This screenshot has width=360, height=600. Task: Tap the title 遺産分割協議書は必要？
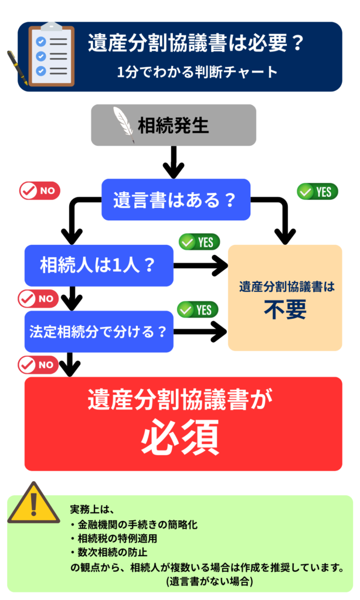[196, 44]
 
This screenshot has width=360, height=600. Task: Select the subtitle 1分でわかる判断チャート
[196, 72]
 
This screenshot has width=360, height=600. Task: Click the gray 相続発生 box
[174, 125]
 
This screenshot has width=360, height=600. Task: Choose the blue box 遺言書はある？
[176, 200]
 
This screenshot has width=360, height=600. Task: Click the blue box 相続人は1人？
[99, 265]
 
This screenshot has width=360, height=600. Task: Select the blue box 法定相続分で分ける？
[99, 331]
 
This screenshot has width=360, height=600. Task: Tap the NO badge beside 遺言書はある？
[40, 190]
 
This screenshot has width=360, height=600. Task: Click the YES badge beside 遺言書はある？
[317, 192]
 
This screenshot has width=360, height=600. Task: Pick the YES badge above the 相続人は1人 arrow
[199, 241]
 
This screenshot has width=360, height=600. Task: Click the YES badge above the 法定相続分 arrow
[198, 309]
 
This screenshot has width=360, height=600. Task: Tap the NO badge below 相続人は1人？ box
[39, 298]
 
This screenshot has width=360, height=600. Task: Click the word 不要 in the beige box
[285, 310]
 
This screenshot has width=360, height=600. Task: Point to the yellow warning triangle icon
[34, 504]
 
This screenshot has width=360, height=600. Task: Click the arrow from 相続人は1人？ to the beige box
[200, 266]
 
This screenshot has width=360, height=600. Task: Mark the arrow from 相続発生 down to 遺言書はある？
[174, 162]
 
